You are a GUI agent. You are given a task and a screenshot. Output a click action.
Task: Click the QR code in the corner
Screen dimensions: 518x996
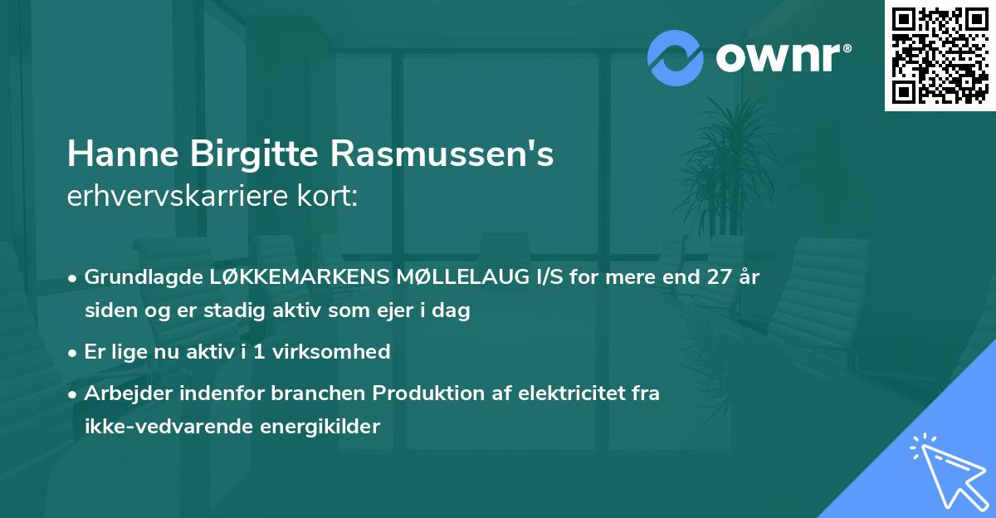[x=940, y=55]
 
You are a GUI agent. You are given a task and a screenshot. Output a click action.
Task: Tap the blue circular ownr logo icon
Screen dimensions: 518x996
[x=676, y=57]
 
